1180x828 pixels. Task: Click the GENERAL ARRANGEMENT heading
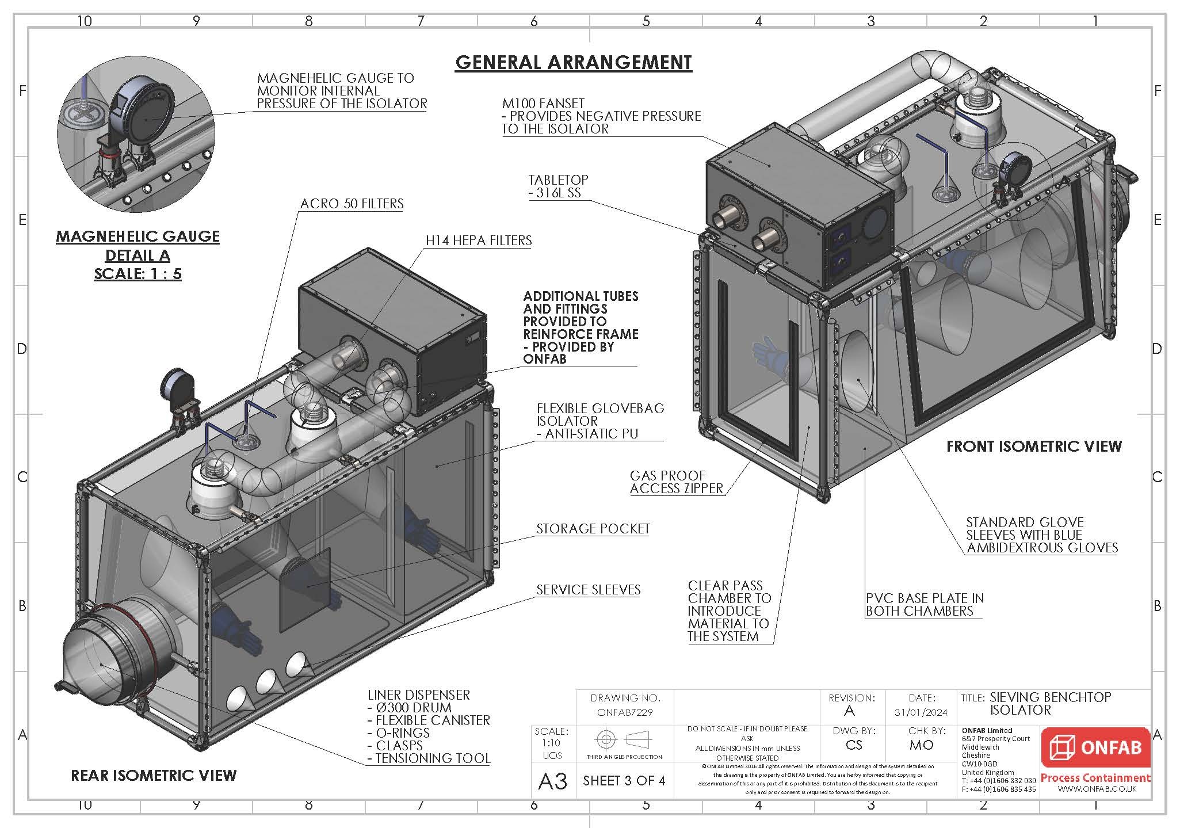coord(573,62)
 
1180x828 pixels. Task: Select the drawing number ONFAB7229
coord(625,712)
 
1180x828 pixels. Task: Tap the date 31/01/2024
coord(921,712)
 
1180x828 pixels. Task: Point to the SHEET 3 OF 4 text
coord(624,781)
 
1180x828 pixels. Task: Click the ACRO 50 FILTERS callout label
coord(352,204)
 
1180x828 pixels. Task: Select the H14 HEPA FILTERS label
coord(479,241)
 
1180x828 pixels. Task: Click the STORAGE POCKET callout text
coord(593,529)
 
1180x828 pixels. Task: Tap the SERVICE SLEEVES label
coord(588,590)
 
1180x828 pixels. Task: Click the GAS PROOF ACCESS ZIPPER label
coord(676,482)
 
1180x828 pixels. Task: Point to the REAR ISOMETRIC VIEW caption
coord(154,776)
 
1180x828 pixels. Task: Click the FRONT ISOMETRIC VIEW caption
coord(1034,446)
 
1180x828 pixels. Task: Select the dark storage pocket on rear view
coord(305,587)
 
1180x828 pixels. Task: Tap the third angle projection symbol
coord(624,739)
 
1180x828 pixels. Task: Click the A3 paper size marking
coord(552,781)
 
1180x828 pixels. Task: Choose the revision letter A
coord(849,711)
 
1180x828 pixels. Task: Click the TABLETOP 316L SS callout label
coord(558,186)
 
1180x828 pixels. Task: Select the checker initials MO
coord(921,745)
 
